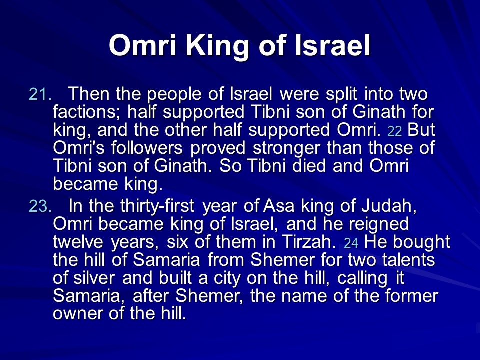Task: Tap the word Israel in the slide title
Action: point(333,45)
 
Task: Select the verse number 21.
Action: point(40,94)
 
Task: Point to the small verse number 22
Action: point(394,131)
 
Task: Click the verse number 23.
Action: point(40,206)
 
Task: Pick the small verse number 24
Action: point(351,243)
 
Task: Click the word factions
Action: point(87,112)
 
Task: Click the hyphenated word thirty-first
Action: point(157,206)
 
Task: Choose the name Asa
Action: point(279,206)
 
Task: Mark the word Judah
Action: point(389,206)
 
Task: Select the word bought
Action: point(422,242)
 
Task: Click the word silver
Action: point(94,278)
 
